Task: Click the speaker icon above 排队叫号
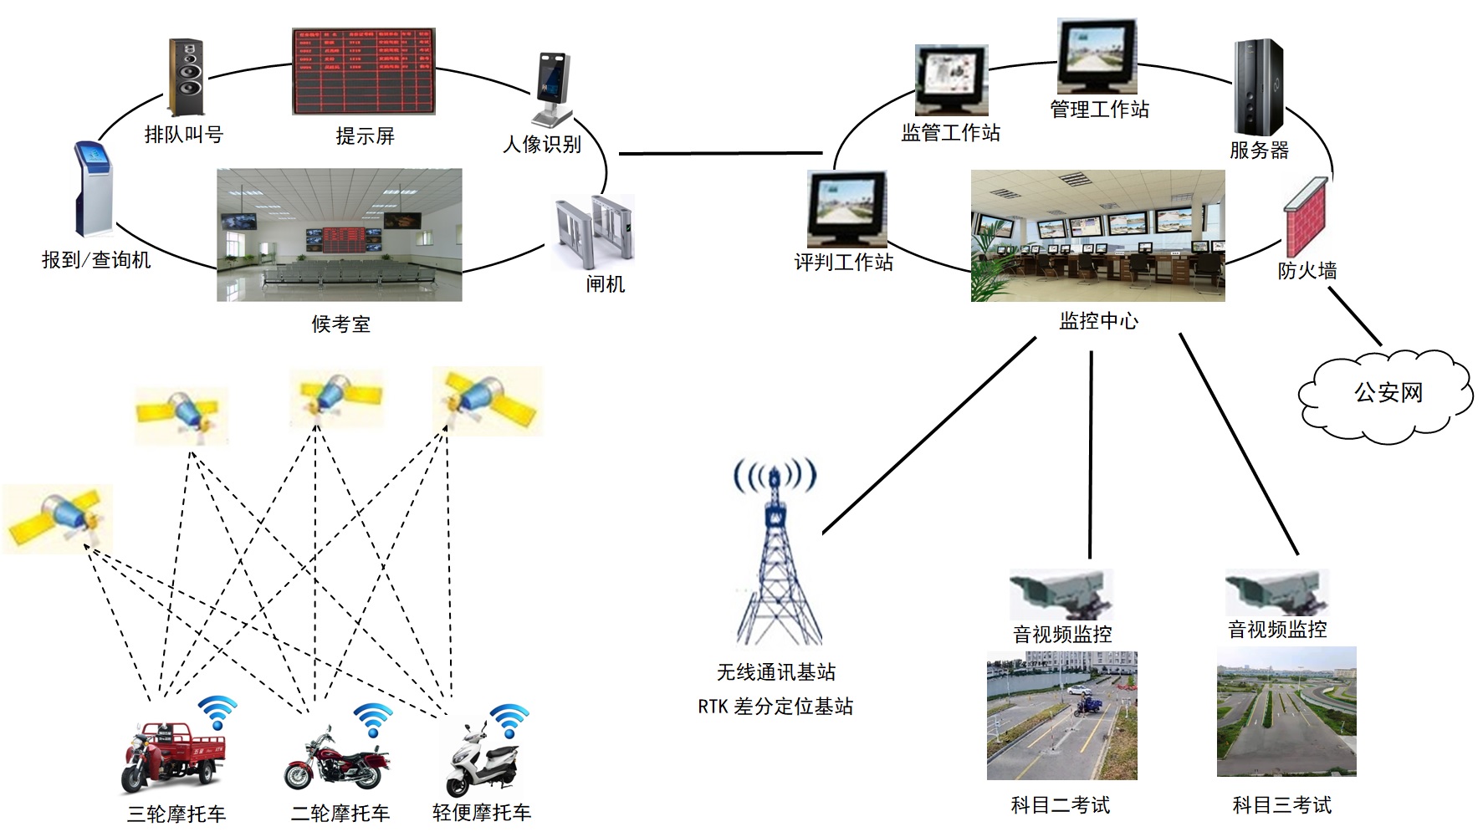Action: click(187, 77)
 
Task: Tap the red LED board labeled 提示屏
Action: click(364, 71)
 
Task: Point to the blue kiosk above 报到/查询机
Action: click(92, 189)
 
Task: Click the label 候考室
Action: click(340, 324)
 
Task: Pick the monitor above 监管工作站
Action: click(952, 80)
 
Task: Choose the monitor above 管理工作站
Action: click(1097, 56)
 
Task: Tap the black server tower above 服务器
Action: click(1258, 87)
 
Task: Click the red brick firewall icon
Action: click(1306, 217)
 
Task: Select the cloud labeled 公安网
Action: click(1387, 393)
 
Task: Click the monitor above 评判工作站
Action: click(846, 209)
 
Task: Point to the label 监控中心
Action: click(1098, 321)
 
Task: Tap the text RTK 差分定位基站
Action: click(775, 707)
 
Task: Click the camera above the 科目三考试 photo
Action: click(1276, 593)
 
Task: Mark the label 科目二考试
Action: click(1060, 805)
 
